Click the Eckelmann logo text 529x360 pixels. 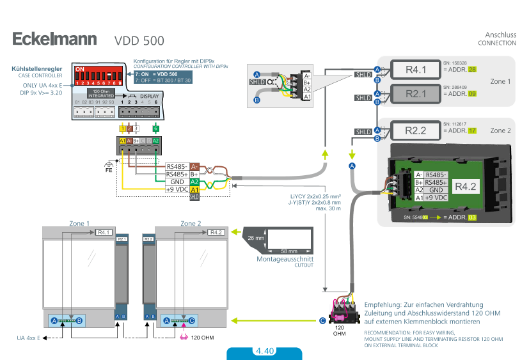tap(54, 39)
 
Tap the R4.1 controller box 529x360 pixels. tap(415, 70)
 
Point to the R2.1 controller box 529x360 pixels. tap(415, 94)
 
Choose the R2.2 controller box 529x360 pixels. tap(415, 131)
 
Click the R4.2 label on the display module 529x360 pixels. tap(465, 187)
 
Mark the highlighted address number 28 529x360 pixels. tap(472, 70)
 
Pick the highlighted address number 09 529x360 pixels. tap(472, 94)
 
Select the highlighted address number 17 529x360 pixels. tap(472, 131)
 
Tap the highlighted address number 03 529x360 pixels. tap(472, 218)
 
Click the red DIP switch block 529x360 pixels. tap(99, 75)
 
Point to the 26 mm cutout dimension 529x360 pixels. tap(255, 239)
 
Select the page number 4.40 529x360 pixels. tap(264, 351)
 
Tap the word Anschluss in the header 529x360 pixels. tap(500, 35)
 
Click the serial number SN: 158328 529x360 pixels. tap(455, 63)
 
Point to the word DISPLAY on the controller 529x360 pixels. tap(149, 96)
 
